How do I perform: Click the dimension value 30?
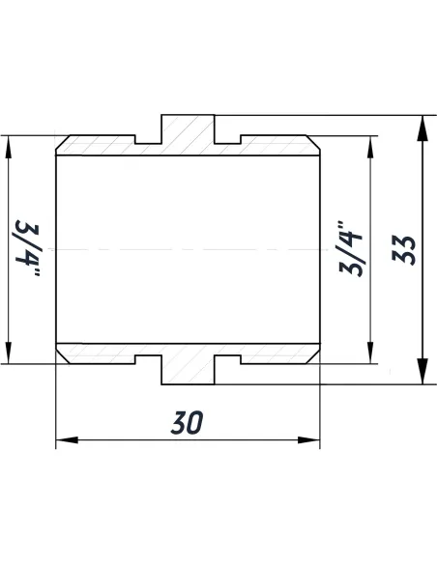[188, 422]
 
